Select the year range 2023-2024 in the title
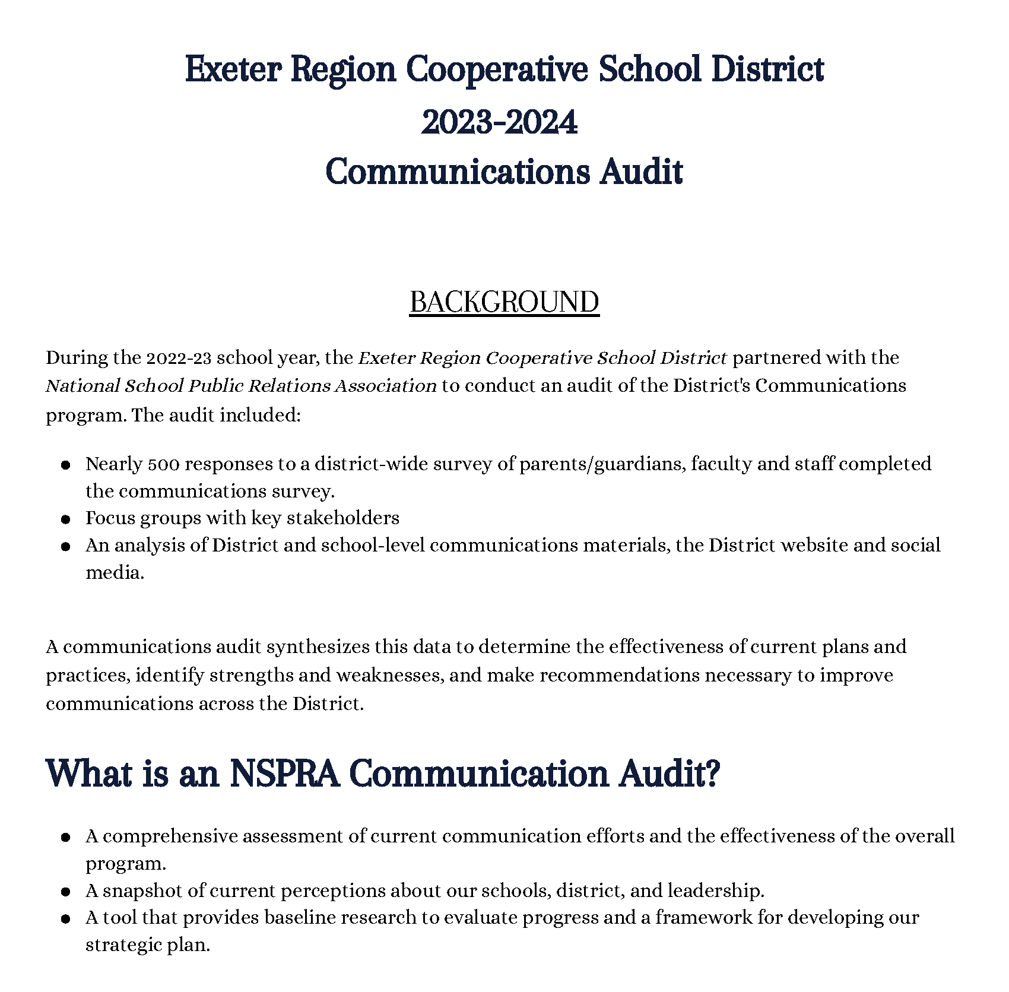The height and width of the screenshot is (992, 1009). click(499, 123)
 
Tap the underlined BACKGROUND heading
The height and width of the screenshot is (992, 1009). click(504, 302)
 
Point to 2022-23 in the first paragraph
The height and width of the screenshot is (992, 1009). click(179, 358)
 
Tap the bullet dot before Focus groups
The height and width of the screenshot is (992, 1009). click(66, 519)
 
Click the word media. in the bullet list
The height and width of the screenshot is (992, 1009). click(115, 573)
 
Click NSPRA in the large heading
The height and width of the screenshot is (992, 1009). click(284, 774)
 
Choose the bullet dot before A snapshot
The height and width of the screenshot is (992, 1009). click(66, 892)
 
